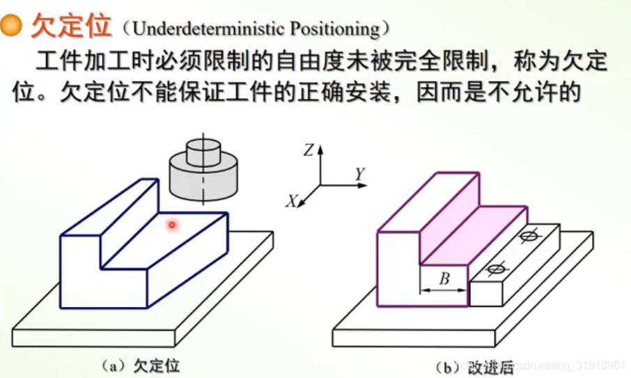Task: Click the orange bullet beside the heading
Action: (12, 27)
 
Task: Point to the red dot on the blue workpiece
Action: (171, 224)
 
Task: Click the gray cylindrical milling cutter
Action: (204, 174)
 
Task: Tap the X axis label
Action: (292, 201)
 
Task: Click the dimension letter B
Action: (444, 280)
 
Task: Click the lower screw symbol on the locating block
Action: (496, 269)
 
